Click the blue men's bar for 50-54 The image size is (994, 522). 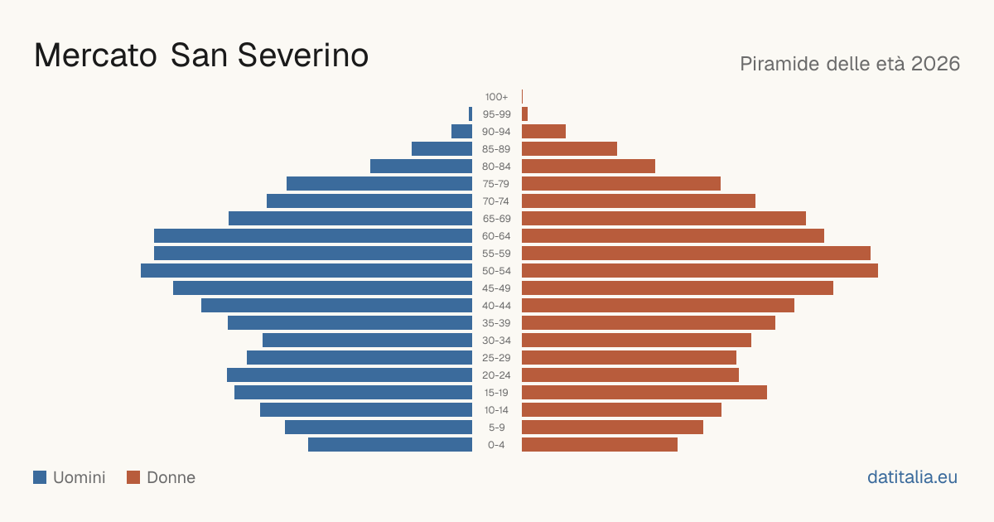306,271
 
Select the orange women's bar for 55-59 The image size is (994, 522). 697,254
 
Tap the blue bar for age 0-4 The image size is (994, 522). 390,445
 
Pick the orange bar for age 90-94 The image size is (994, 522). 543,132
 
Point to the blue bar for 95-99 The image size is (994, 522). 470,114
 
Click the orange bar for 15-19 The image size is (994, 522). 644,393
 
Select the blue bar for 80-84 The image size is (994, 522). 421,167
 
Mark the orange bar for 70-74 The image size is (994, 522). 639,201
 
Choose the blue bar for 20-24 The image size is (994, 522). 350,375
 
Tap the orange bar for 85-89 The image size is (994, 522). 569,148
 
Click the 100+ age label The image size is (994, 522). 496,97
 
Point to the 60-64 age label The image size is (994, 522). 496,236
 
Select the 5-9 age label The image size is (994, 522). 496,428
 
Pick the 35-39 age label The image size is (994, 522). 496,323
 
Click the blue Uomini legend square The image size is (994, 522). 40,477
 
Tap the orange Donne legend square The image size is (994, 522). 133,477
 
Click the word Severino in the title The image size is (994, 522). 303,56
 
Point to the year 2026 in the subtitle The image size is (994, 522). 935,64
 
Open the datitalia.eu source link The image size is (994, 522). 912,477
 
